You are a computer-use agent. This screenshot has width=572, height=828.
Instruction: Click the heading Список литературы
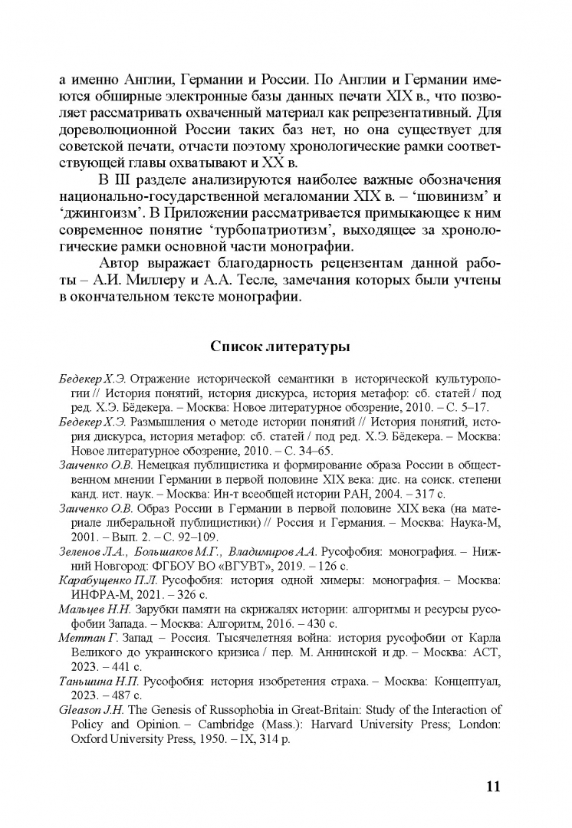point(281,347)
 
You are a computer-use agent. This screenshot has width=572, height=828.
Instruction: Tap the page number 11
point(494,764)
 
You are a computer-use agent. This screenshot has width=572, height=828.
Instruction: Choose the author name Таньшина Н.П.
point(94,681)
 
